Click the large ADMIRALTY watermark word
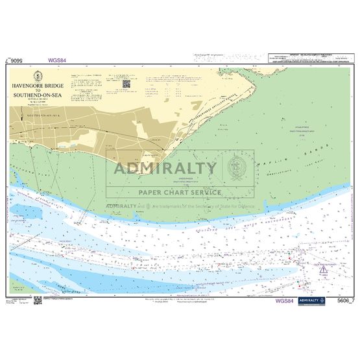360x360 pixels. pos(166,169)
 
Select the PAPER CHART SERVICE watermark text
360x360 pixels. pos(180,192)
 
